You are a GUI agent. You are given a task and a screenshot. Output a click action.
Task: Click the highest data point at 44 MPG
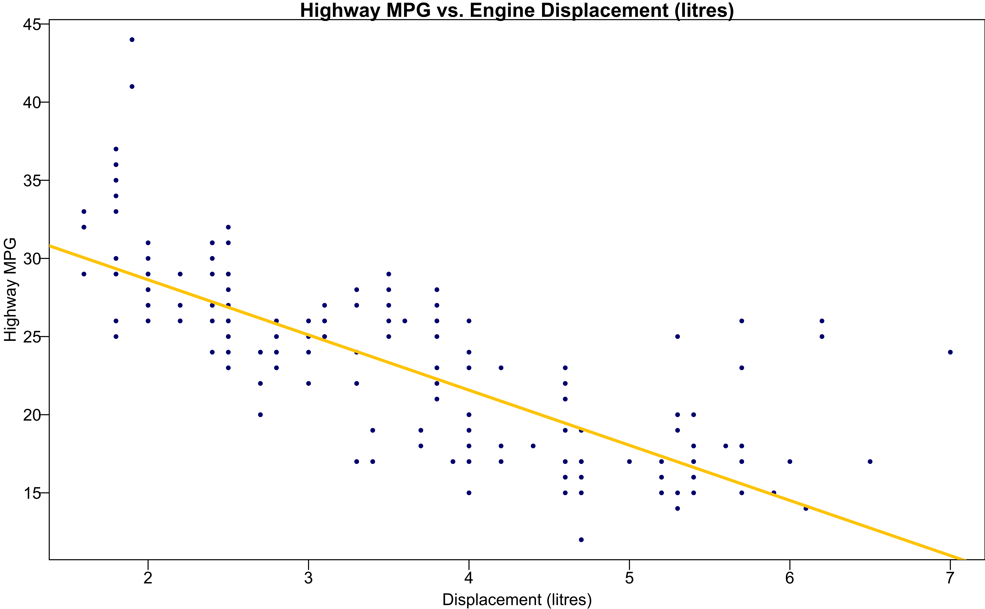(x=132, y=39)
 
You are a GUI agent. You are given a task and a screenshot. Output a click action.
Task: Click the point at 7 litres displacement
(x=950, y=352)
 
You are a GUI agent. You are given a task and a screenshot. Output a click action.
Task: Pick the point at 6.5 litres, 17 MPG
(x=870, y=462)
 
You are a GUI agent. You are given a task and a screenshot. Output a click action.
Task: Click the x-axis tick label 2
(x=148, y=578)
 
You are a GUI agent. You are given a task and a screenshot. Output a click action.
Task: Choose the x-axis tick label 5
(x=629, y=578)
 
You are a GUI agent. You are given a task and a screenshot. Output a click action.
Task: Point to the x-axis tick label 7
(x=950, y=578)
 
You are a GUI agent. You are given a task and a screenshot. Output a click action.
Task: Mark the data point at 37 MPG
(x=116, y=149)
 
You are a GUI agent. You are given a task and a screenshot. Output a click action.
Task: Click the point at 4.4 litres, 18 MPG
(x=533, y=446)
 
